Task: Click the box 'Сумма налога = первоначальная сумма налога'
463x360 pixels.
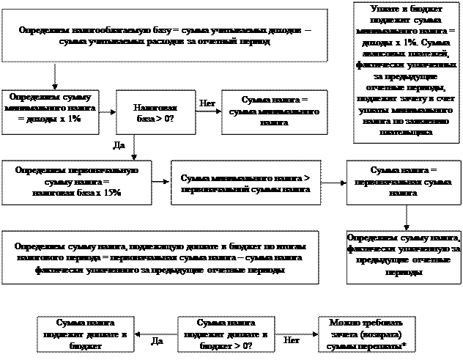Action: point(403,183)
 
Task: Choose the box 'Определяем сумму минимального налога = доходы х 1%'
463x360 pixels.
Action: point(52,112)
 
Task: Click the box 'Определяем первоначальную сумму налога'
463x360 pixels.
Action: point(76,181)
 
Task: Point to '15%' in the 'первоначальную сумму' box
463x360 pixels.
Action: point(111,192)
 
